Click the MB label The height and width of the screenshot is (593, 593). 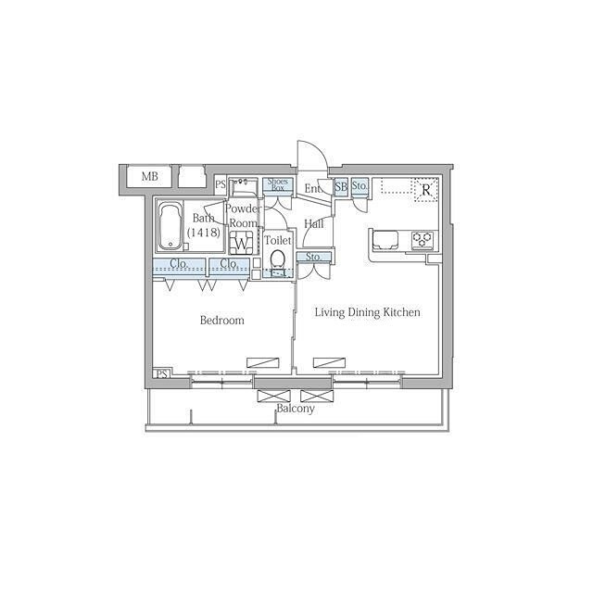[x=150, y=176]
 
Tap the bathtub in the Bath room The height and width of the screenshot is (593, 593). [x=170, y=226]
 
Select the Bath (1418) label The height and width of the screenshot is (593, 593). [x=204, y=225]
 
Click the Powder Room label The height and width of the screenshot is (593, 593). [x=243, y=216]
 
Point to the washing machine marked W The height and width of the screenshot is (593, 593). [x=241, y=242]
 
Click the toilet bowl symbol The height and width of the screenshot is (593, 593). [x=278, y=259]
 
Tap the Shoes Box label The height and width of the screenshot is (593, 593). [x=278, y=184]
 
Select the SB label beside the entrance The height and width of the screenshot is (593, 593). [x=341, y=186]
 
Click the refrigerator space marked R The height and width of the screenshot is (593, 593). [x=426, y=190]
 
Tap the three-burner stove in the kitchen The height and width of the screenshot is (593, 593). [x=423, y=240]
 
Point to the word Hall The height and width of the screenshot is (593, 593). [x=314, y=224]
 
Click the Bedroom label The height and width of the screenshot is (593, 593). [x=222, y=321]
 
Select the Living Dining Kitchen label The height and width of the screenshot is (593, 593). [x=368, y=312]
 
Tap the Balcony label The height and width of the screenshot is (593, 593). [x=296, y=409]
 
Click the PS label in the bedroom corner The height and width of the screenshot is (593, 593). [x=162, y=374]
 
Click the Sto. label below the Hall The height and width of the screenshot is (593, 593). [x=313, y=257]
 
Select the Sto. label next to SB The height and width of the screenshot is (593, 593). [x=360, y=185]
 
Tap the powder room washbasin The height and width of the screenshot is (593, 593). [x=244, y=187]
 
